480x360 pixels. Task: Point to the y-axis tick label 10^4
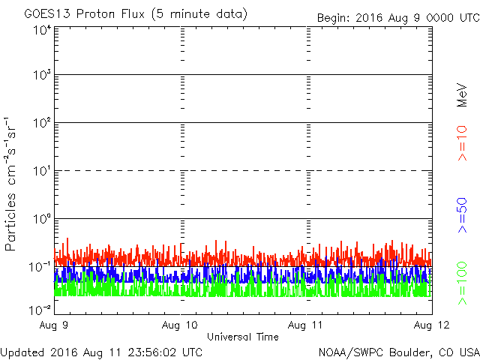(42, 30)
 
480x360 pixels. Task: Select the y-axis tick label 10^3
(42, 75)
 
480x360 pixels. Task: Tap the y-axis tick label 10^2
(42, 123)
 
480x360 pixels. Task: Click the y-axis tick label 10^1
(42, 171)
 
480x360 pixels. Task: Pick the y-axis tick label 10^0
(42, 219)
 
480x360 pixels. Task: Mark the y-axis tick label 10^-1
(40, 266)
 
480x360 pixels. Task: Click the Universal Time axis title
(242, 337)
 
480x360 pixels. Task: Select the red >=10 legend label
(462, 142)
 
